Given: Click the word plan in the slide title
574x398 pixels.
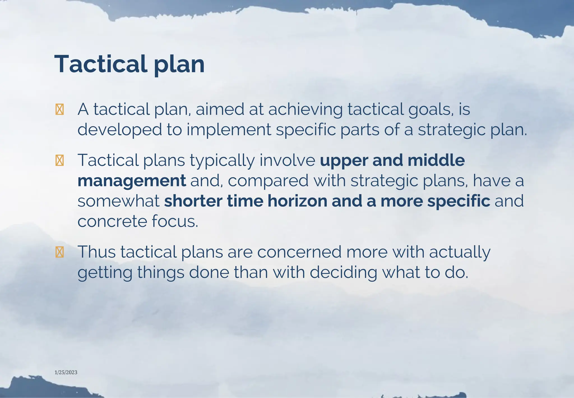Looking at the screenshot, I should click(179, 65).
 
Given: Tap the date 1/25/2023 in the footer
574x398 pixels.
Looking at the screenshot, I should click(66, 372).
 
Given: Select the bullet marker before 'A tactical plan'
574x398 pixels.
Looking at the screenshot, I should click(59, 109).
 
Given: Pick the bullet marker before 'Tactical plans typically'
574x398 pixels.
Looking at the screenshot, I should click(59, 161).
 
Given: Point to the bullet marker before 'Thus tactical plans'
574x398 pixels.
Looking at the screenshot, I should click(59, 252).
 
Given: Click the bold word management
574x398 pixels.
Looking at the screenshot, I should click(132, 181).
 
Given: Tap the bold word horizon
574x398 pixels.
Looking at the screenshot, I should click(297, 201).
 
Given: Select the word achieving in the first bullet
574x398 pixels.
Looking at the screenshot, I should click(305, 109).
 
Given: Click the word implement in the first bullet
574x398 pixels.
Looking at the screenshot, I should click(229, 130).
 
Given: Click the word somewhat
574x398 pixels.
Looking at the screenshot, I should click(118, 201).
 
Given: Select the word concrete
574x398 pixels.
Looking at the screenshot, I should click(112, 221).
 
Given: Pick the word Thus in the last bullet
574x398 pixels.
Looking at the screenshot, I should click(97, 251).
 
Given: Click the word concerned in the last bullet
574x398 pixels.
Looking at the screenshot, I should click(299, 252).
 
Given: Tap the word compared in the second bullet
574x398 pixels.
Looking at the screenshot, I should click(268, 181).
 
